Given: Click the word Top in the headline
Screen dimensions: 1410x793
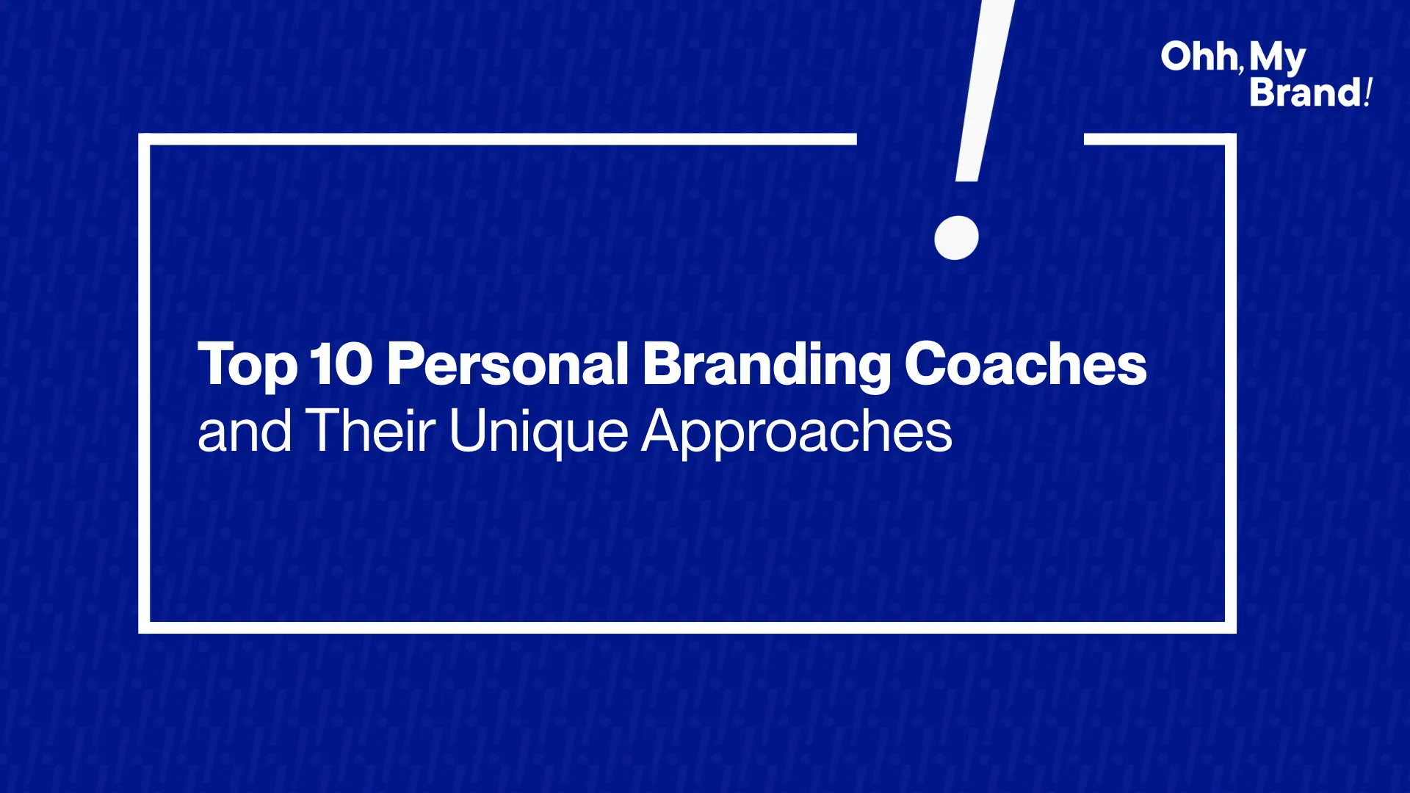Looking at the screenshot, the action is click(x=247, y=365).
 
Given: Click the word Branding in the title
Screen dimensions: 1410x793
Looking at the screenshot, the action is click(x=767, y=365).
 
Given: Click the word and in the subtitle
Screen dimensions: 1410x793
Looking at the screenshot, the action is click(x=245, y=431).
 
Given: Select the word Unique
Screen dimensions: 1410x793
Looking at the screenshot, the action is click(x=538, y=433).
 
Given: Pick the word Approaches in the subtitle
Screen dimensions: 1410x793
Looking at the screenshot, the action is click(x=797, y=433).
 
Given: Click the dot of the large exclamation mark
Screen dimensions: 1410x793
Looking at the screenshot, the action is click(x=956, y=238).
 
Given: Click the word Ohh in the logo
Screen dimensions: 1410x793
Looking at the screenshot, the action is click(x=1198, y=57).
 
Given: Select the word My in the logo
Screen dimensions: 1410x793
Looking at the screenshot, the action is click(x=1277, y=59).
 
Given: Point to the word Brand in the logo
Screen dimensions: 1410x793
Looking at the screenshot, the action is click(x=1306, y=93).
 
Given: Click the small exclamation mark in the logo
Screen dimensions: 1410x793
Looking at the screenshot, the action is click(x=1368, y=93).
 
